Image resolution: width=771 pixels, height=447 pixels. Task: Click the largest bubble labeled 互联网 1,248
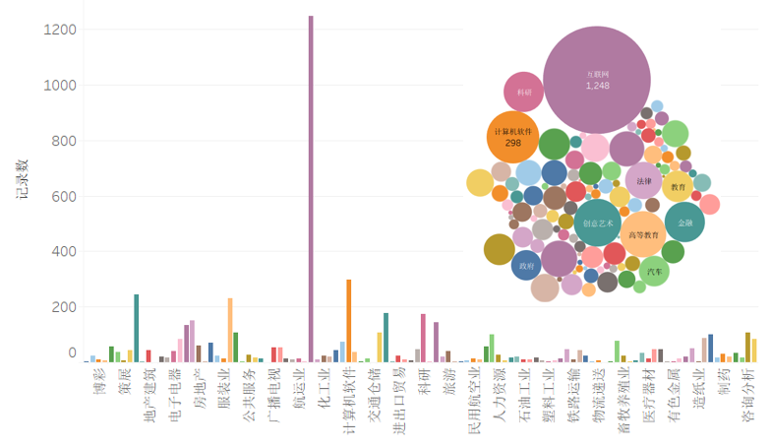[x=597, y=80]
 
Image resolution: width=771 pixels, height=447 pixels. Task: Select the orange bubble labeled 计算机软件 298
[x=512, y=136]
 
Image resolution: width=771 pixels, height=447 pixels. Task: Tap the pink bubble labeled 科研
[x=523, y=93]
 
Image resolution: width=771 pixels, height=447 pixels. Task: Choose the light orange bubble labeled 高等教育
[x=643, y=234]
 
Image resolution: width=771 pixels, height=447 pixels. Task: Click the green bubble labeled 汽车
[x=652, y=270]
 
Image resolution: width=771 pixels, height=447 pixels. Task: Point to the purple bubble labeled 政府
[x=526, y=266]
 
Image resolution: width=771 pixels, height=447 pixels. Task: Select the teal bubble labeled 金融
[x=684, y=223]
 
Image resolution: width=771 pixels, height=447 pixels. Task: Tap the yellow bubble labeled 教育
[x=678, y=186]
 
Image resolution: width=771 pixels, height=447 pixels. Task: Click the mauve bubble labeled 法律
[x=643, y=181]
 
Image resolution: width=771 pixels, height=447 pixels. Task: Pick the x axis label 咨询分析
[x=749, y=394]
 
